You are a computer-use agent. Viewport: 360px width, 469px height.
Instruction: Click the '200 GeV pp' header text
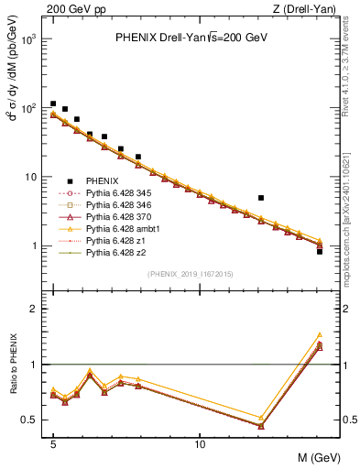(71, 8)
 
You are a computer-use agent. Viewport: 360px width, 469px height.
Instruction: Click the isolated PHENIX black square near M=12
(261, 198)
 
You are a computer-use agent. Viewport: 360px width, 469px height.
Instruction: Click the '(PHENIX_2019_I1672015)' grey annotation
(190, 274)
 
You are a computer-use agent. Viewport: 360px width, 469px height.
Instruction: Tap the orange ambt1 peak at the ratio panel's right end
(319, 335)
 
